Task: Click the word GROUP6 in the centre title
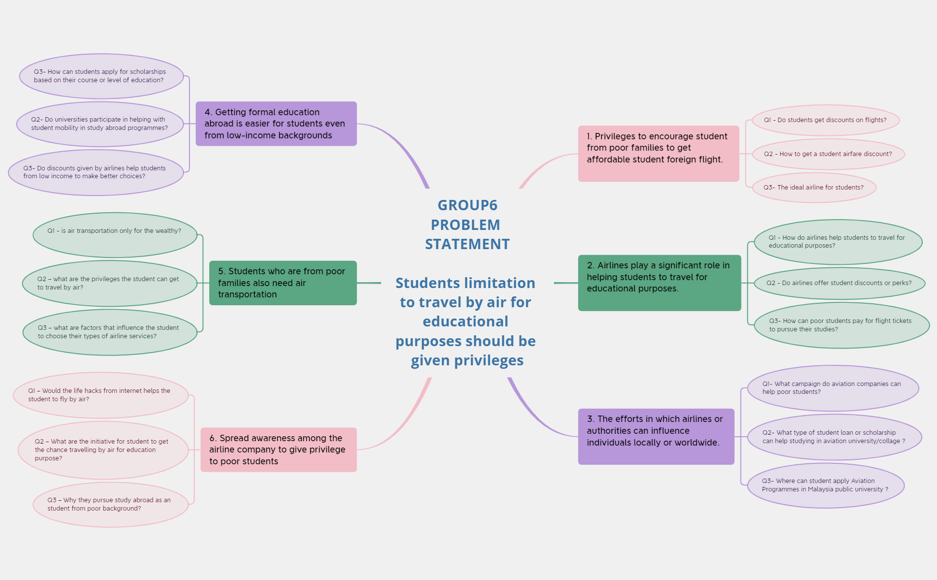point(467,205)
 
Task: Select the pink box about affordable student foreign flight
point(658,153)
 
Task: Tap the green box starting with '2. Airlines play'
point(659,283)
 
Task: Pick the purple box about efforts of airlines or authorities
point(655,436)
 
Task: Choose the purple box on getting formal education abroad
point(276,124)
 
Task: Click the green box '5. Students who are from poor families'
point(283,283)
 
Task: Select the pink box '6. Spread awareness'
point(278,450)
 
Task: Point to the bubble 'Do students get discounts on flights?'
point(825,120)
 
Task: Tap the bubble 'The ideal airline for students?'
point(813,188)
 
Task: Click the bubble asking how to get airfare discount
point(828,154)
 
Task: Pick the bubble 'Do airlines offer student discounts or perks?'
point(839,283)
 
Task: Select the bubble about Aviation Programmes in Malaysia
point(825,485)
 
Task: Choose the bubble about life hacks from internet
point(100,395)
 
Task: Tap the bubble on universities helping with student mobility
point(100,124)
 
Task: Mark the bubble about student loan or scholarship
point(834,437)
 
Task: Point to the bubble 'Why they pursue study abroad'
point(110,505)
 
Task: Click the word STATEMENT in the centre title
point(467,244)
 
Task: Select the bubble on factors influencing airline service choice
point(109,332)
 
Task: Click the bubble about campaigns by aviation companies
point(832,388)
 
